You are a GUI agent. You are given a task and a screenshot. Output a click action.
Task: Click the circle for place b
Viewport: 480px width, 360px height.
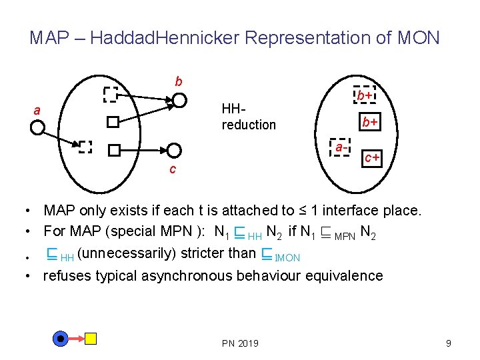click(179, 101)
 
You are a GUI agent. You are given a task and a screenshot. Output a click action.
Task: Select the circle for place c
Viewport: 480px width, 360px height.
click(174, 151)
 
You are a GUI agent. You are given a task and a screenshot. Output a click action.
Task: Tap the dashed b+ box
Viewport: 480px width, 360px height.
click(364, 96)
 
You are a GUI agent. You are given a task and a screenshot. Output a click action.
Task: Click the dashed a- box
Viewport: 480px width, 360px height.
click(340, 148)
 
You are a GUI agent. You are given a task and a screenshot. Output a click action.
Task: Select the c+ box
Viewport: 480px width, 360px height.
click(371, 158)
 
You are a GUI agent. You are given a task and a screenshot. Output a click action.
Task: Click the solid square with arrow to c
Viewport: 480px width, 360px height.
click(114, 151)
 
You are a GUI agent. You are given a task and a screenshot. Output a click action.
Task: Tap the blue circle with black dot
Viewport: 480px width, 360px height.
click(61, 339)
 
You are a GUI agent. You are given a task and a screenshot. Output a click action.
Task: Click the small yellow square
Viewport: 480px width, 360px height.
click(91, 339)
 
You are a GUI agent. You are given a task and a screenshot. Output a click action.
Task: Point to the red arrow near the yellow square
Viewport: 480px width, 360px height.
click(75, 339)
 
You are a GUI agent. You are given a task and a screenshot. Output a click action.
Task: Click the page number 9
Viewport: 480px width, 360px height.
click(449, 343)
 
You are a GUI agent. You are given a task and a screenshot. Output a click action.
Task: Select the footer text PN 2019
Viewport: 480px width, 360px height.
click(240, 343)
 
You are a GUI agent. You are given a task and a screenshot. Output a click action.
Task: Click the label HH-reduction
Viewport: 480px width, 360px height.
click(248, 117)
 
